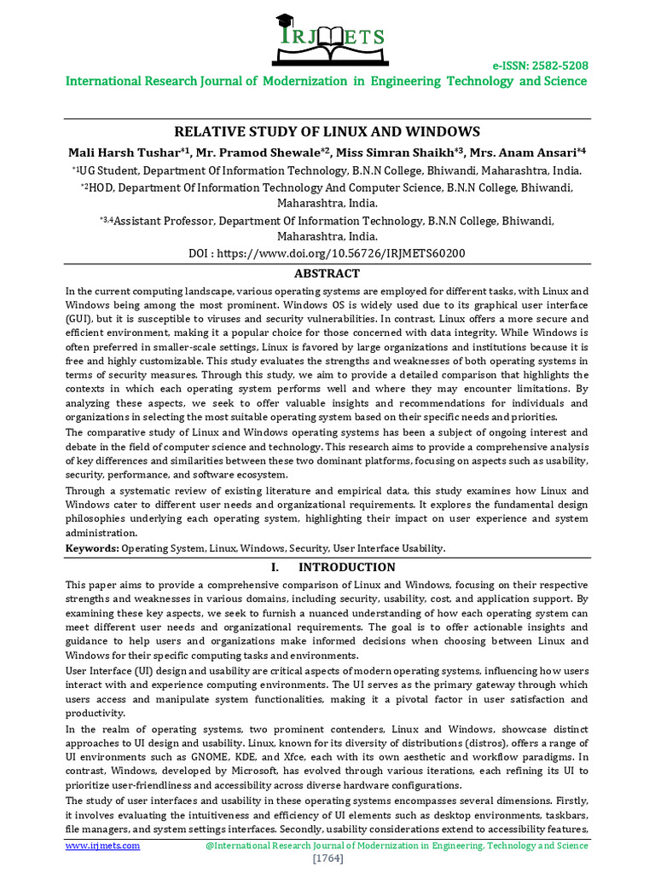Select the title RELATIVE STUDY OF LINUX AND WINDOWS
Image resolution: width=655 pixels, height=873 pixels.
(x=327, y=132)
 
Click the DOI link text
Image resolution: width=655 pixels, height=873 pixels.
(x=327, y=253)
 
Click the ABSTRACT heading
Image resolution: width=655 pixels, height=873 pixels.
(x=327, y=274)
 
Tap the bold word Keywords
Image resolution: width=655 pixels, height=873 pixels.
(x=92, y=548)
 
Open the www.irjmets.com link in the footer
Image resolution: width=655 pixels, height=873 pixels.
(x=103, y=845)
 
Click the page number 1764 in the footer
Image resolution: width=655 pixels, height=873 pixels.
(x=327, y=859)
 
